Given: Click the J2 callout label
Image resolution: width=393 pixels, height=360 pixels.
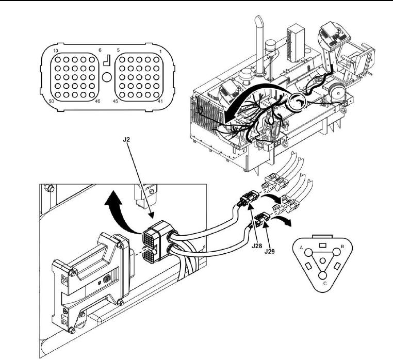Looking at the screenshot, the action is (126, 139).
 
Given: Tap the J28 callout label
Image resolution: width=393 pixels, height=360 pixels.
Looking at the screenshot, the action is (257, 246).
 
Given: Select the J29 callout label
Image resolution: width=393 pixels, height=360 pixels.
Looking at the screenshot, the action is (270, 251).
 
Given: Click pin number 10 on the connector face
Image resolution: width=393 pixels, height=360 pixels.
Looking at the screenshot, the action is (56, 51).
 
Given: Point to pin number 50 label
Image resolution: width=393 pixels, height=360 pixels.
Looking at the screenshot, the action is (52, 101).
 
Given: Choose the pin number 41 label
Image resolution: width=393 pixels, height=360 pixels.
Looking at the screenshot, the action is (160, 101).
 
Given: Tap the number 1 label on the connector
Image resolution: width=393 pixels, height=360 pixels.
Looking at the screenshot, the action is (161, 52).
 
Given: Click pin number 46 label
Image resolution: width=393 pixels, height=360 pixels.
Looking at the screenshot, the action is (97, 101).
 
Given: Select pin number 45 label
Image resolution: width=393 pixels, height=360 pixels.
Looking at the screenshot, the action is (116, 101).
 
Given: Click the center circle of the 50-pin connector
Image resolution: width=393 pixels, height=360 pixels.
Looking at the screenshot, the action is (107, 77).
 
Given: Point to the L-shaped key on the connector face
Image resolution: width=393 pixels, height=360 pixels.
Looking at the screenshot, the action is (107, 60).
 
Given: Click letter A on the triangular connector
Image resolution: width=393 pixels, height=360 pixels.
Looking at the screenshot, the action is (302, 248).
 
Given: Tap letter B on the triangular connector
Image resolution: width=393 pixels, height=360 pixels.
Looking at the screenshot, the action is (342, 247).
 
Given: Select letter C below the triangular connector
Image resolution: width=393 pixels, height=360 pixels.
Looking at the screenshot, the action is (325, 284).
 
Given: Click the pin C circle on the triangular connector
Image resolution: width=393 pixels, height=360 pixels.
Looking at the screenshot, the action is (322, 275).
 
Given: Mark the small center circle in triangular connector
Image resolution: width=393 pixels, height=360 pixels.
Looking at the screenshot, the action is (323, 261).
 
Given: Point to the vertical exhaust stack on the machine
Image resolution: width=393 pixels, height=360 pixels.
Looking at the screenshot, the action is (259, 45).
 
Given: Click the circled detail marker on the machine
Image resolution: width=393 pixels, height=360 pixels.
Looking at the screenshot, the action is (297, 102).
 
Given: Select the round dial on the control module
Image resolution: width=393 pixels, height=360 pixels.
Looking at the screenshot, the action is (107, 279).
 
